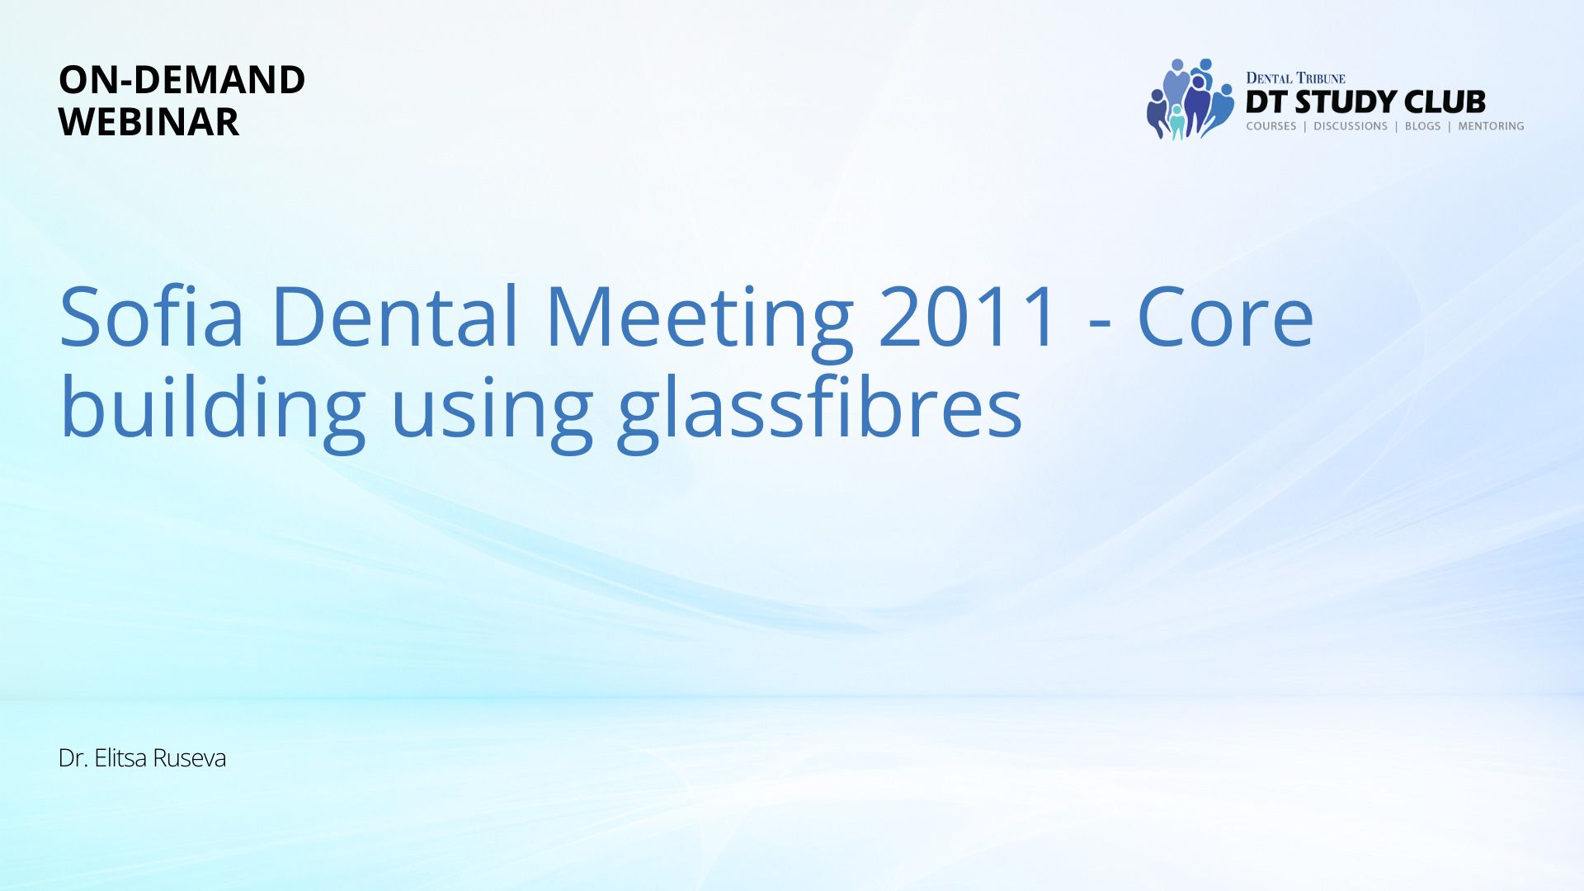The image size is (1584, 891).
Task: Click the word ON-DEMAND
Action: pyautogui.click(x=181, y=80)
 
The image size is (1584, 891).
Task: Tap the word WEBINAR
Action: pyautogui.click(x=148, y=122)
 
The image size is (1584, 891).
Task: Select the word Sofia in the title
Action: pyautogui.click(x=152, y=316)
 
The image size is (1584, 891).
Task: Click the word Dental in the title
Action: pyautogui.click(x=394, y=316)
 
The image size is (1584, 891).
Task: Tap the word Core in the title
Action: pyautogui.click(x=1225, y=316)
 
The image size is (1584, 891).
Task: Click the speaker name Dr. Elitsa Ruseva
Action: pyautogui.click(x=142, y=758)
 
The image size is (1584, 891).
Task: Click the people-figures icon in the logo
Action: pyautogui.click(x=1190, y=99)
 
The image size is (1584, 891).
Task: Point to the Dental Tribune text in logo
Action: pyautogui.click(x=1295, y=78)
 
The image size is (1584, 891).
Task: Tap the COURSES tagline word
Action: pyautogui.click(x=1271, y=126)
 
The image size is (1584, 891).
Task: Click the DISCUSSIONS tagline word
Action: pyautogui.click(x=1351, y=126)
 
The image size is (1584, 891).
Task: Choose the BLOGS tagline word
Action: pyautogui.click(x=1423, y=126)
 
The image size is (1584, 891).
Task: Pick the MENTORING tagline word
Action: pyautogui.click(x=1491, y=126)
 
